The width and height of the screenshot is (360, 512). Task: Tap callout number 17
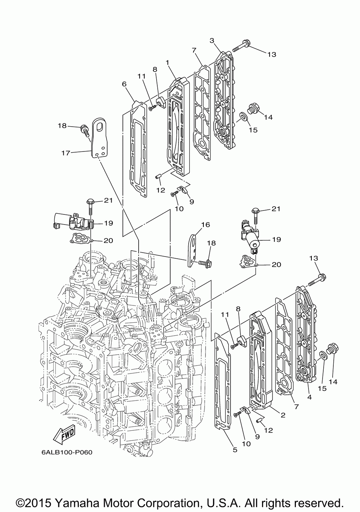tap(66, 153)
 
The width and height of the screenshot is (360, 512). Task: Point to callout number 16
tap(206, 225)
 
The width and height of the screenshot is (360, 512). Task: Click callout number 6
tap(124, 84)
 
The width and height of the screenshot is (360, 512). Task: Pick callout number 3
tap(212, 40)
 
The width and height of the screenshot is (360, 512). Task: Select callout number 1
tap(167, 62)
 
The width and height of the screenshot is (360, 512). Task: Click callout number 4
tap(310, 397)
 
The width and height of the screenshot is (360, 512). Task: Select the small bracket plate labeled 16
tap(193, 250)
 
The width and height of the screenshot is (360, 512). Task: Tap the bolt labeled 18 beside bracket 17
tap(84, 131)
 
